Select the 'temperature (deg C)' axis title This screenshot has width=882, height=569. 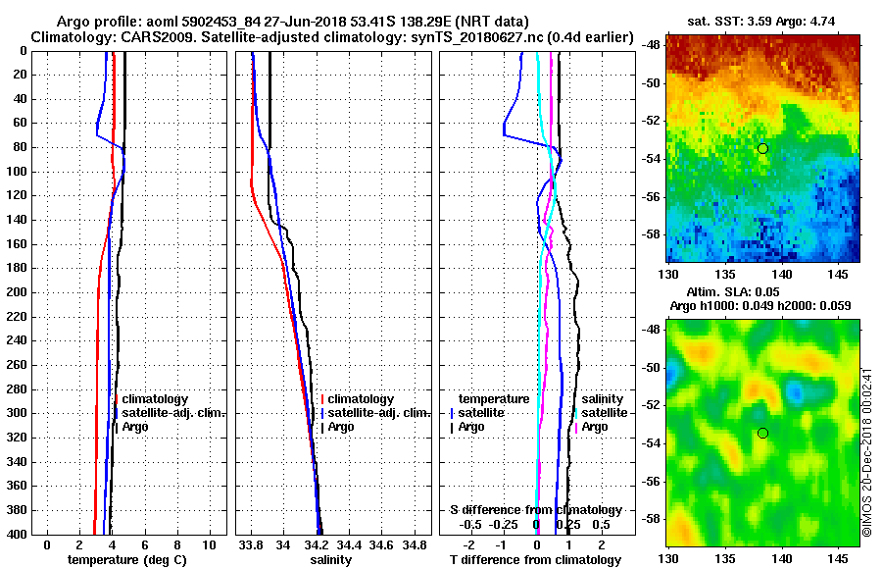[126, 559]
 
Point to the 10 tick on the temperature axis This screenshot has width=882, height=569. [208, 543]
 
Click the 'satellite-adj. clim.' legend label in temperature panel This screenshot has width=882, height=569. [174, 413]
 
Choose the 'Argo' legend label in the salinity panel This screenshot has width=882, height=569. [341, 427]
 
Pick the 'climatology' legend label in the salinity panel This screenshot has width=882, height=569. [361, 399]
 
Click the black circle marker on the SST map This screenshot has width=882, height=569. [762, 148]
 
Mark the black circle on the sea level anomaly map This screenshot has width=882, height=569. [762, 433]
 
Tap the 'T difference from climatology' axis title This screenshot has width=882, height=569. [535, 559]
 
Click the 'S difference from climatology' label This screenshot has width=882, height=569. [536, 510]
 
